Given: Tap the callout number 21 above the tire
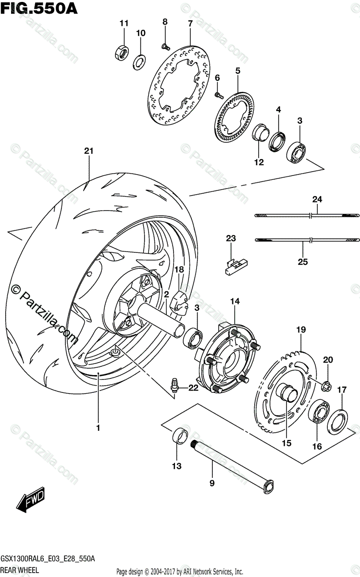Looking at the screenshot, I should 88,151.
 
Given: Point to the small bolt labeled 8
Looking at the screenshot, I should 165,46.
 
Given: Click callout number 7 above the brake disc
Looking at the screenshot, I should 190,23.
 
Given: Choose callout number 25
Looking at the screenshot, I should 303,262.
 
